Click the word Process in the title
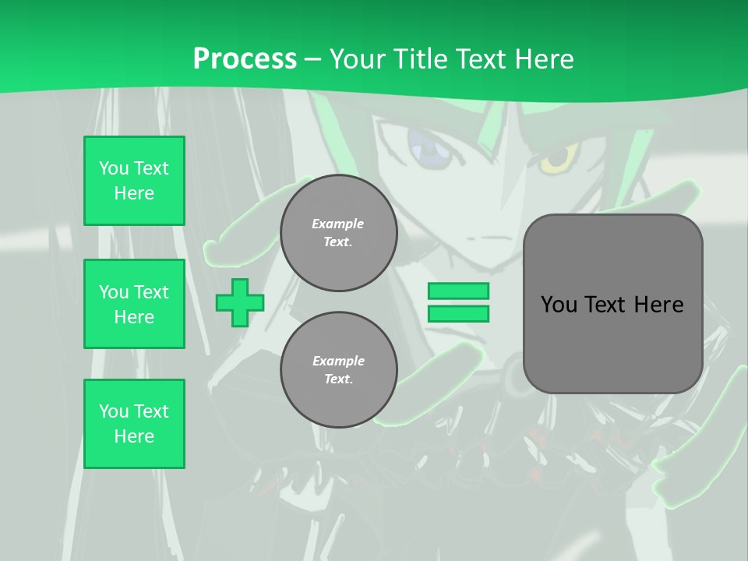(245, 59)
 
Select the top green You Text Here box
(134, 181)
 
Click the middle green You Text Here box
(134, 304)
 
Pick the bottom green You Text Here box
(134, 424)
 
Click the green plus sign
(240, 302)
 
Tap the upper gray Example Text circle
(338, 233)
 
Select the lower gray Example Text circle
(338, 370)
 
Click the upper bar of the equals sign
(458, 291)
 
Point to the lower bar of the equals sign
(458, 314)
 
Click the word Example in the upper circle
(338, 224)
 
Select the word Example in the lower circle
(338, 362)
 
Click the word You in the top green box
(114, 168)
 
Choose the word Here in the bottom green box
(134, 436)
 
